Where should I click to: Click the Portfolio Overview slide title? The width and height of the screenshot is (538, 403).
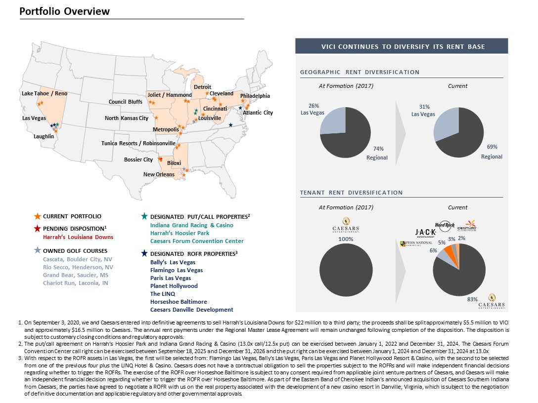click(65, 11)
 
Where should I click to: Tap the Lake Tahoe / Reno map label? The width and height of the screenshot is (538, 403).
click(45, 93)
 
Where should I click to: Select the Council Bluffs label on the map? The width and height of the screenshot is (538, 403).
click(126, 102)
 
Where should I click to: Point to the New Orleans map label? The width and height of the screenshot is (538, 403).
click(159, 174)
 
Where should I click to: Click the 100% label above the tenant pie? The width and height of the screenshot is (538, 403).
click(346, 239)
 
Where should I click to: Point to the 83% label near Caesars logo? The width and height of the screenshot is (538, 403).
click(472, 299)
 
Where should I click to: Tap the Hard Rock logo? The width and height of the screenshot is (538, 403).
click(445, 225)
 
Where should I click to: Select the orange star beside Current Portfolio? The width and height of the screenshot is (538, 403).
click(37, 216)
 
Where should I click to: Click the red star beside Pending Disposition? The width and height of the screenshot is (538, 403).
click(37, 229)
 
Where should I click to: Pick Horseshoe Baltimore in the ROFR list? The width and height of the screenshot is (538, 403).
click(179, 302)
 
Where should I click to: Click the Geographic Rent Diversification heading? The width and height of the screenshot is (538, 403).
click(359, 72)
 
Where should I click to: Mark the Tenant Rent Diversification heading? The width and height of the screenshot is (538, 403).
click(351, 193)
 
